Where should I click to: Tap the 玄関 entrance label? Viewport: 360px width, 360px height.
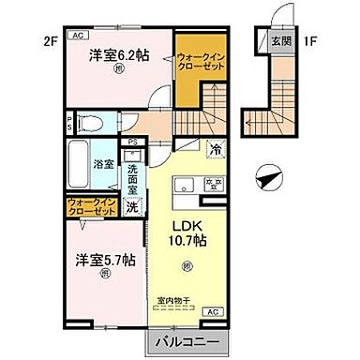click(280, 41)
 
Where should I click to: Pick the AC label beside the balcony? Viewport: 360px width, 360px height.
click(212, 309)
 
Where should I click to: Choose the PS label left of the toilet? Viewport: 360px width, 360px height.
click(69, 121)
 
